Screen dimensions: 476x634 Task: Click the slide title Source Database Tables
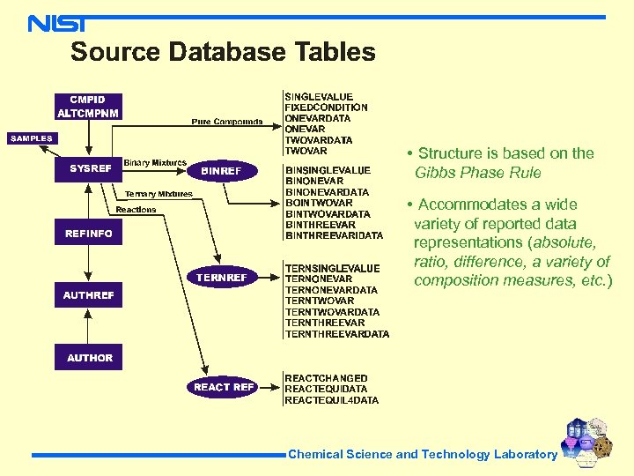pos(223,52)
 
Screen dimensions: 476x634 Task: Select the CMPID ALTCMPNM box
pos(87,106)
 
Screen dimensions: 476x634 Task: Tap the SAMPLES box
pos(32,138)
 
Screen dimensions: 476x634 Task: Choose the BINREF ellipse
pos(221,170)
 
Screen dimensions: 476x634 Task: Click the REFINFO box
pos(89,234)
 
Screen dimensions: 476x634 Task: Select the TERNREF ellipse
pos(222,278)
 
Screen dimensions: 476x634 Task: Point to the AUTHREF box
pos(89,295)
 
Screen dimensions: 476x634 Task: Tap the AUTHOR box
pos(90,358)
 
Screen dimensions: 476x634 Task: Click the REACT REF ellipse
pos(224,387)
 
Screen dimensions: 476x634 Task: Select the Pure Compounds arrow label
pos(227,122)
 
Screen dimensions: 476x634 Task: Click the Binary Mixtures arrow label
pos(155,163)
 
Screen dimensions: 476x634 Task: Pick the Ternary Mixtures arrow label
pos(158,194)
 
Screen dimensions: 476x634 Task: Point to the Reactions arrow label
pos(136,210)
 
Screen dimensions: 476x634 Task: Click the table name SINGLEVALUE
pos(319,97)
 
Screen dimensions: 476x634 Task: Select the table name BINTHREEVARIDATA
pos(334,235)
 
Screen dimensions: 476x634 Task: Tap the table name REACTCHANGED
pos(326,378)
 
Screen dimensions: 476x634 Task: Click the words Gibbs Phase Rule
pos(477,173)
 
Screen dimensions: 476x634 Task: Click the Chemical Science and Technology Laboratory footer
pos(423,455)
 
